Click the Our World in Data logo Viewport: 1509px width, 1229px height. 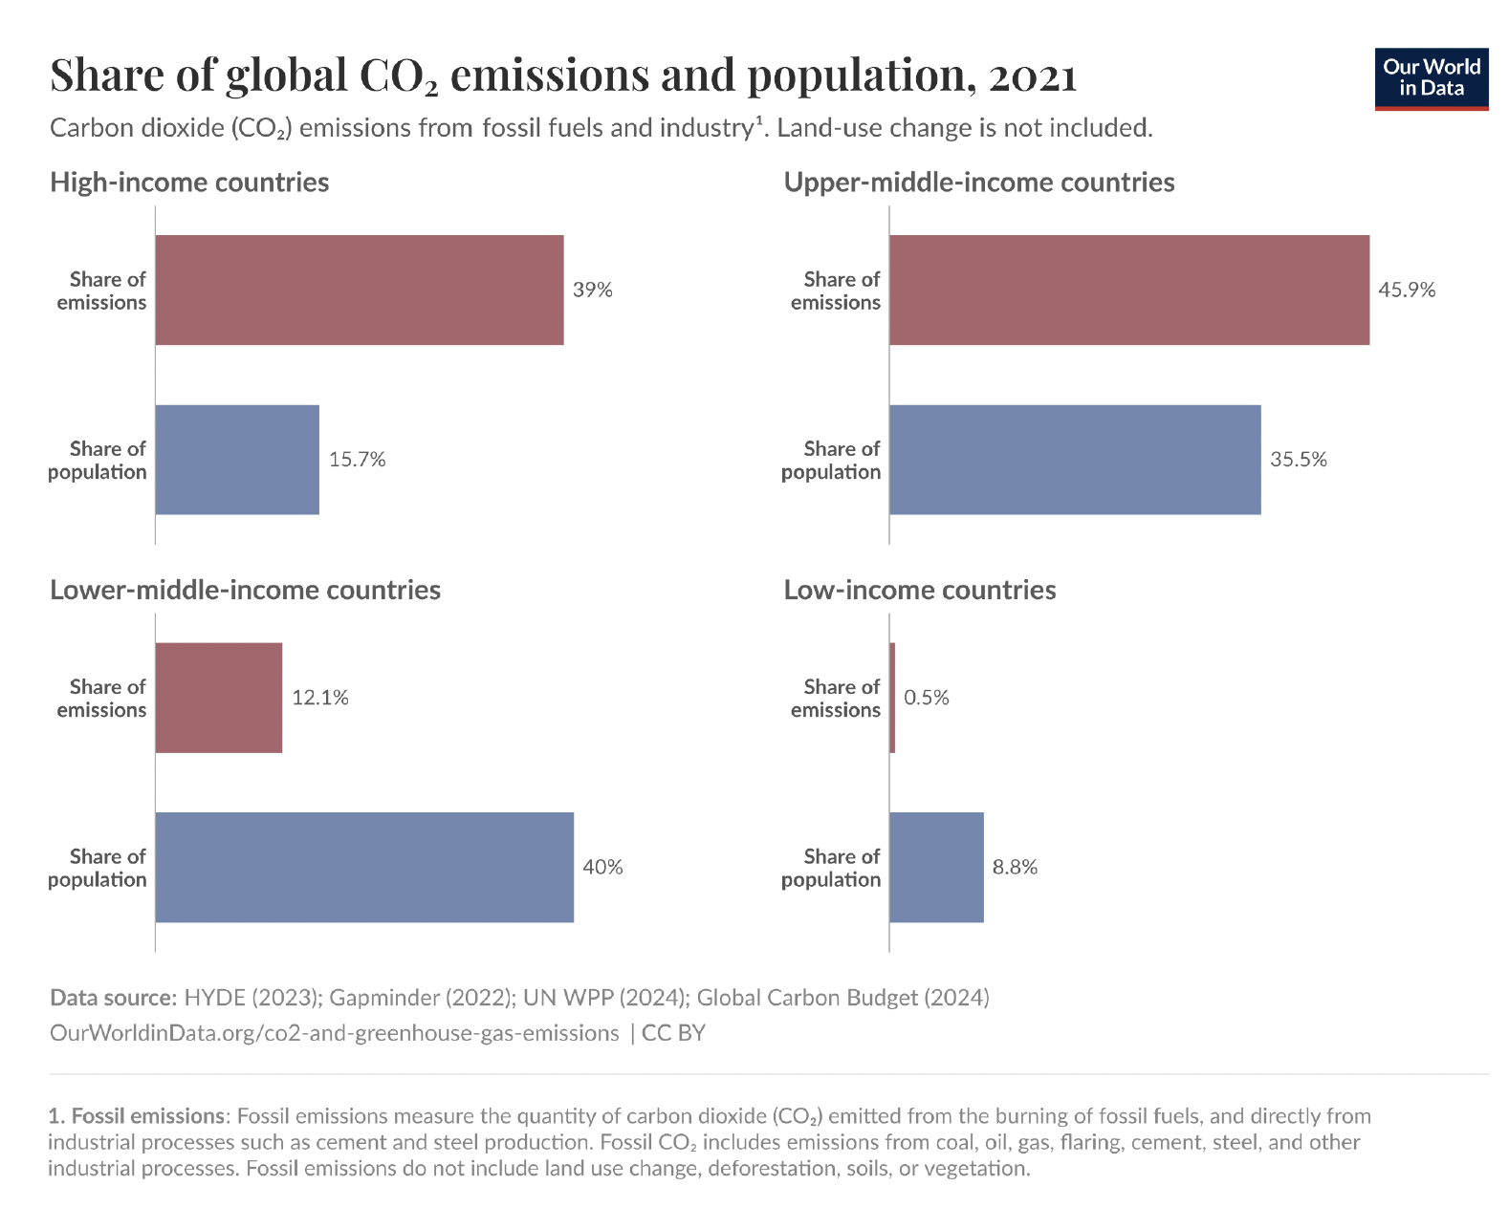(1431, 78)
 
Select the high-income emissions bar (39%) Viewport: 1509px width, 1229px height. (359, 290)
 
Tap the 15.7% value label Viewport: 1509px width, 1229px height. (357, 460)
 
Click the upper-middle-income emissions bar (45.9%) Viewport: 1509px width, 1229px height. (1128, 290)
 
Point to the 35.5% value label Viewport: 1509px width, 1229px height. (1298, 460)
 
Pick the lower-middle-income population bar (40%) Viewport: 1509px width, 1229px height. (363, 867)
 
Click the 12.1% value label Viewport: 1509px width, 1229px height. (319, 698)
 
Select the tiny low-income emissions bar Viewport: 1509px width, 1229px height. (892, 698)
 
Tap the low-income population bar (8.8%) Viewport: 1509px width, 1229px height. (936, 867)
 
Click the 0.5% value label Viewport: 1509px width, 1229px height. (926, 698)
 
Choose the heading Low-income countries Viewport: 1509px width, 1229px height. (919, 590)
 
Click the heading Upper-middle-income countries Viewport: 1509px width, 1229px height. (978, 183)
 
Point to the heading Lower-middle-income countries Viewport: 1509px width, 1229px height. (245, 590)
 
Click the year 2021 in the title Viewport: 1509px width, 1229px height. (1033, 76)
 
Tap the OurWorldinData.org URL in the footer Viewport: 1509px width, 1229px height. (334, 1033)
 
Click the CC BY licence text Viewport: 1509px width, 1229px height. (673, 1033)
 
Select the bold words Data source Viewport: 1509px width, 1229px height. (113, 998)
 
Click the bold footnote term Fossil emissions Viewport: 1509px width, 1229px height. (147, 1116)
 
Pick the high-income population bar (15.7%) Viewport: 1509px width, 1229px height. (236, 460)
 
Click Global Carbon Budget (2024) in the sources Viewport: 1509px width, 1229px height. (842, 998)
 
